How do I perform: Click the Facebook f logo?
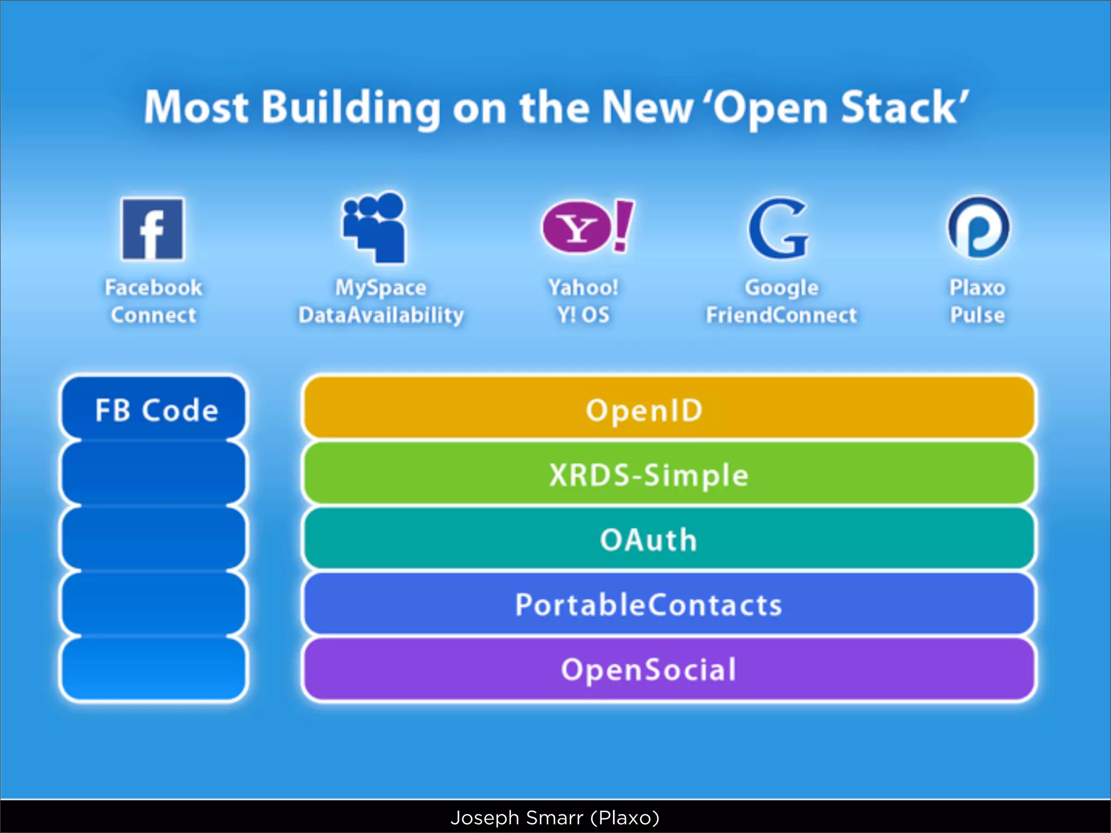153,229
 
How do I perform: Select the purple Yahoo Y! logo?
587,227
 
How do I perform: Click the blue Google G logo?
778,228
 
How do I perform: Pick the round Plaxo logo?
979,228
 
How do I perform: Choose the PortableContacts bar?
668,604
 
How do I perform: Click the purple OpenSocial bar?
668,669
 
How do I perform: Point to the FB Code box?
154,409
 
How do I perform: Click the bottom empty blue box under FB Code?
154,669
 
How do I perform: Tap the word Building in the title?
351,107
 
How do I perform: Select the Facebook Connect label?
154,301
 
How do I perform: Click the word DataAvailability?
381,315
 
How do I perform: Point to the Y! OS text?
583,315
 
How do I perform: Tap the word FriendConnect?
781,315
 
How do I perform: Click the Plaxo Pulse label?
978,301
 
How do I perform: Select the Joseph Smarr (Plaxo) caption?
555,817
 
